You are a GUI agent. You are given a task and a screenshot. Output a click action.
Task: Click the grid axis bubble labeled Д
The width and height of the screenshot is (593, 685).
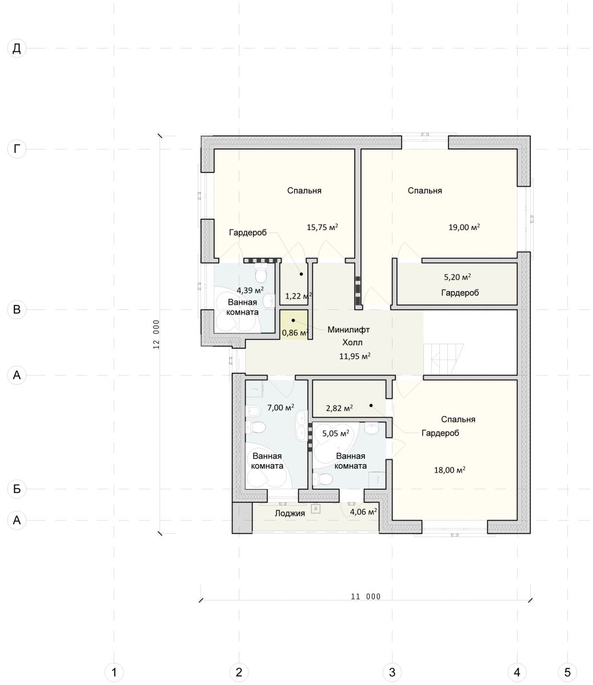17,49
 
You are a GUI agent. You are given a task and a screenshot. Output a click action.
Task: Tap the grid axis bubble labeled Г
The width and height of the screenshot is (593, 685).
17,149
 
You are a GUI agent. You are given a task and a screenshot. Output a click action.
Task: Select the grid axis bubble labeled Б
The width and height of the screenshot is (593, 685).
17,489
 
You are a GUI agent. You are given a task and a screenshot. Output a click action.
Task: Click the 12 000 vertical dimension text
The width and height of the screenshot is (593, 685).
156,335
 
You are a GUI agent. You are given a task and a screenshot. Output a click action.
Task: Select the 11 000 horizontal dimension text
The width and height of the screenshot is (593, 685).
366,597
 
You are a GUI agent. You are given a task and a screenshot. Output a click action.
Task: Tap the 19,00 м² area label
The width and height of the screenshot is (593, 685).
464,227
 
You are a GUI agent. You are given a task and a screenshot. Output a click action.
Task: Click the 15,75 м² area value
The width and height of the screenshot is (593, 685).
322,227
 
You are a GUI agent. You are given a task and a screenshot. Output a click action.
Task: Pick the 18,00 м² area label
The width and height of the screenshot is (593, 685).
450,470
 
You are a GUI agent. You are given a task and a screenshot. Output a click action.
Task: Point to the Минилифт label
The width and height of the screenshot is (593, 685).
348,330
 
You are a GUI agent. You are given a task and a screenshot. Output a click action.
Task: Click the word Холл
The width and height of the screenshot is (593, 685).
352,342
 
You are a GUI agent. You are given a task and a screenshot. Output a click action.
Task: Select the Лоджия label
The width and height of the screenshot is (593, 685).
290,513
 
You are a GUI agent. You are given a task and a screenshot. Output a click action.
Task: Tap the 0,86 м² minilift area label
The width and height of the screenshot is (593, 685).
295,332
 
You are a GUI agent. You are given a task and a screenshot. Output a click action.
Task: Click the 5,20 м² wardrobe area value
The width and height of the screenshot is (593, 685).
458,277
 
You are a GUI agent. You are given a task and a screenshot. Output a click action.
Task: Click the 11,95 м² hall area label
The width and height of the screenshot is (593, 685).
355,356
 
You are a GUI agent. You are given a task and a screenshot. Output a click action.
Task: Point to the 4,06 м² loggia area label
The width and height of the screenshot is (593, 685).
363,511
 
